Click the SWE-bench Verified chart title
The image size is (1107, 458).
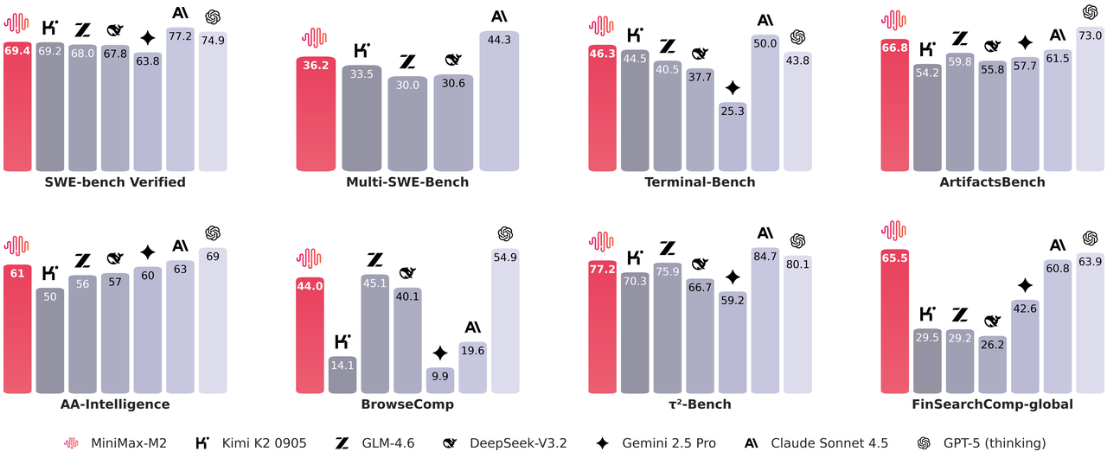click(x=115, y=182)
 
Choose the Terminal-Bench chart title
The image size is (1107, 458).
click(x=700, y=182)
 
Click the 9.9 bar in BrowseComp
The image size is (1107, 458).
click(x=440, y=380)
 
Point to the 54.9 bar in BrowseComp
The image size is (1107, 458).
click(x=505, y=320)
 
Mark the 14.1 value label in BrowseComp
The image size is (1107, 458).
click(x=342, y=365)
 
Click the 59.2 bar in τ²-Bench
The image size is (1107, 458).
click(x=733, y=341)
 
